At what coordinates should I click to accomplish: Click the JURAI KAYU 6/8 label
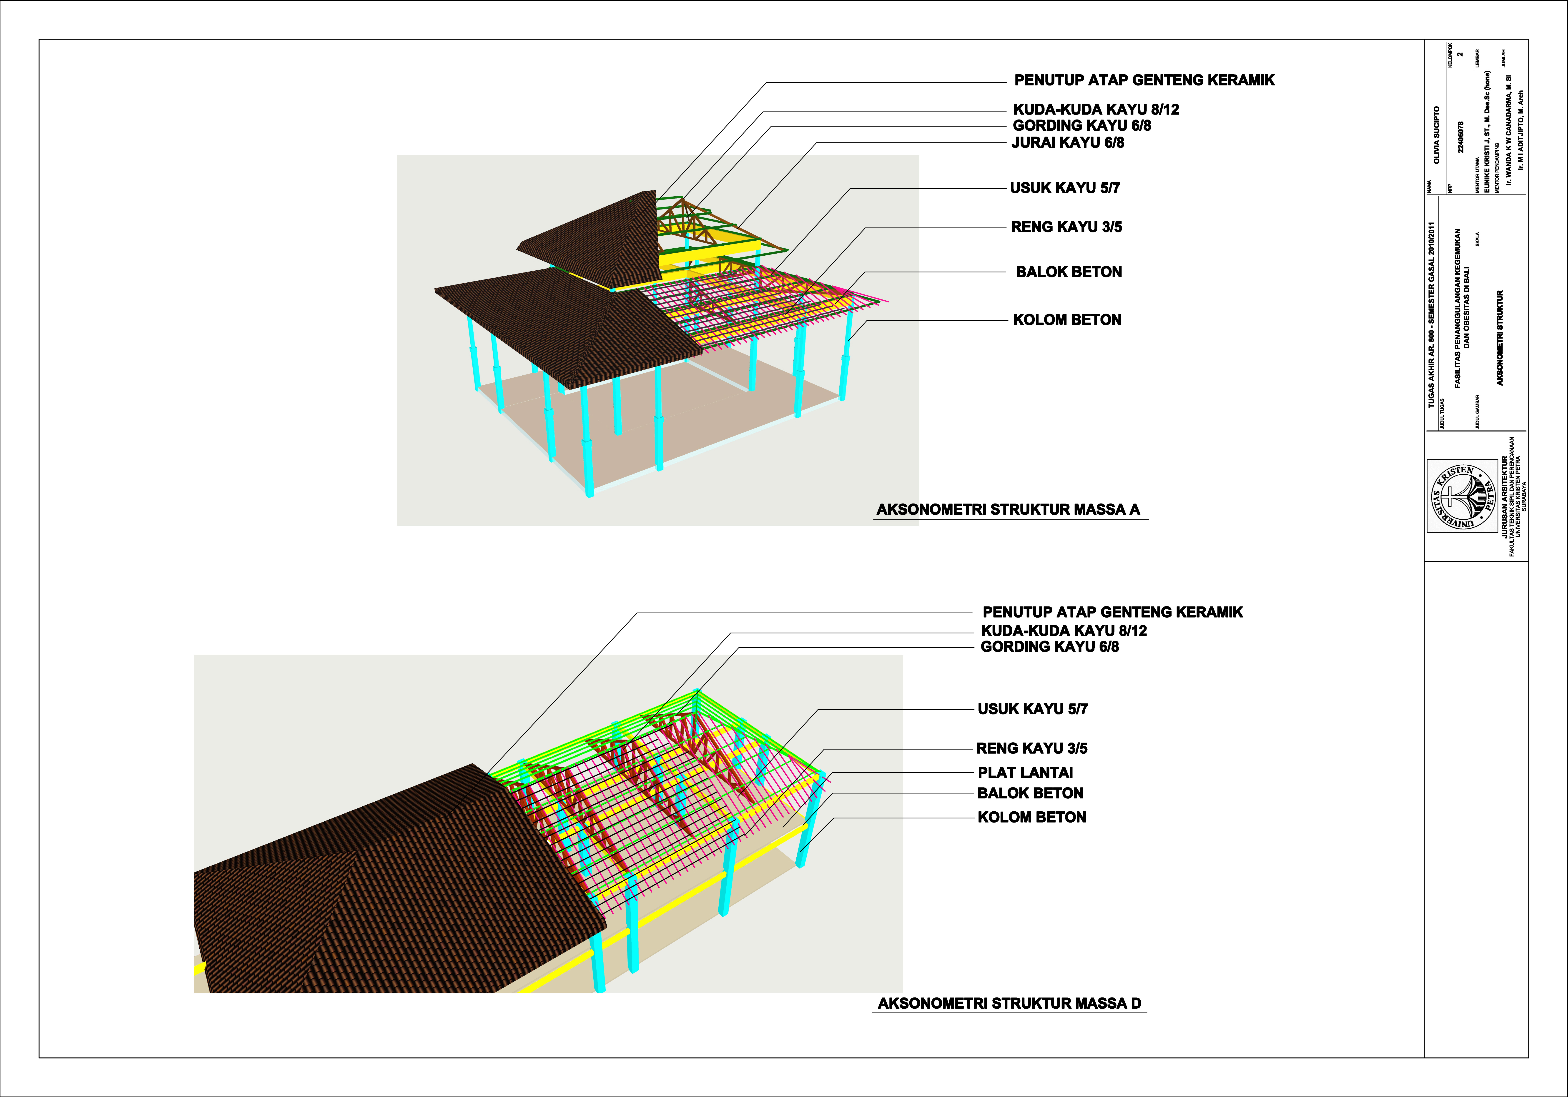(x=1067, y=143)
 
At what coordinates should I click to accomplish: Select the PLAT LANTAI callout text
(x=1025, y=773)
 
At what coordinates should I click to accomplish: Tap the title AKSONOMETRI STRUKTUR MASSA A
(x=1008, y=509)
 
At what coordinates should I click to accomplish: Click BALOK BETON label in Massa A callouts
(x=1068, y=272)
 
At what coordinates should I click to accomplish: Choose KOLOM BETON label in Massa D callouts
(x=1031, y=817)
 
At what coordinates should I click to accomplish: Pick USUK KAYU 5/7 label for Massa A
(x=1065, y=188)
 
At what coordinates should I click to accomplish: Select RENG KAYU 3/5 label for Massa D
(x=1031, y=748)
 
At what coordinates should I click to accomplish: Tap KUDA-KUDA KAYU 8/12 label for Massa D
(x=1063, y=631)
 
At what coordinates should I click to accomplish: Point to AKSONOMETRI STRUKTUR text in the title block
(x=1500, y=338)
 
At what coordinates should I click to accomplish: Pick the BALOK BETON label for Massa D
(x=1030, y=793)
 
